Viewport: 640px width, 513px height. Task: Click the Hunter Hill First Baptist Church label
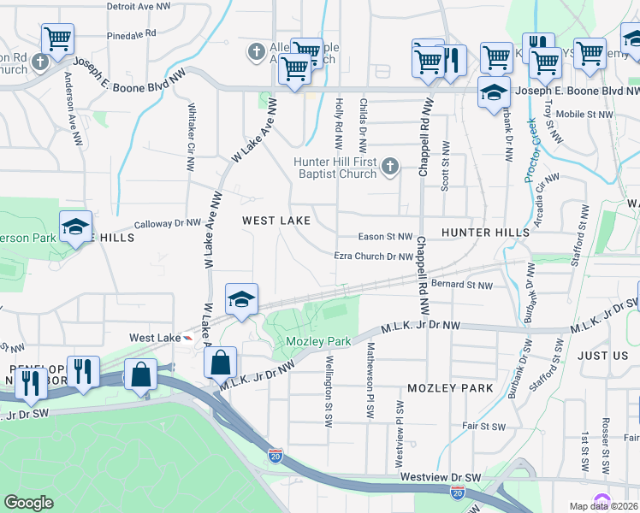(x=335, y=168)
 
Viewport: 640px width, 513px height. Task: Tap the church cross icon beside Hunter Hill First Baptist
(x=390, y=166)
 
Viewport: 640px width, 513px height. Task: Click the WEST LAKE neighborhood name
(x=276, y=221)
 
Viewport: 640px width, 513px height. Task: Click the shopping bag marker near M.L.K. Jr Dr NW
(x=221, y=363)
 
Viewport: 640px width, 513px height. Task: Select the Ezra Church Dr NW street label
(x=374, y=256)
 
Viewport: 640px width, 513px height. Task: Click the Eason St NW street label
(x=385, y=237)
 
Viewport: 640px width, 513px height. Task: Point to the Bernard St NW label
(x=462, y=285)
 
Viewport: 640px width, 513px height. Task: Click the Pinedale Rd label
(x=132, y=34)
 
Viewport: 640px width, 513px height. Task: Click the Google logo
(x=28, y=502)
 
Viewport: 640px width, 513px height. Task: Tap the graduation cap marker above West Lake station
(x=242, y=300)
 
